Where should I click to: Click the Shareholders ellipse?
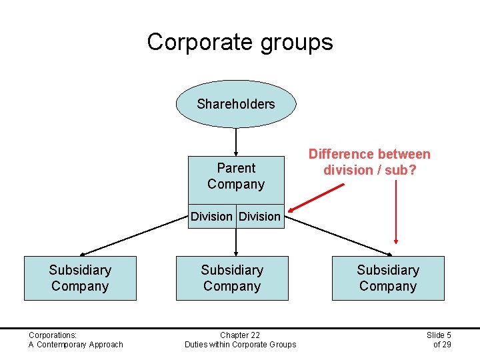coord(236,104)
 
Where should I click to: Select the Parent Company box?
coord(236,176)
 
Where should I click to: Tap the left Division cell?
coord(211,216)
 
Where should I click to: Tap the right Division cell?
coord(259,216)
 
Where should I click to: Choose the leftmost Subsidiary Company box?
coord(80,278)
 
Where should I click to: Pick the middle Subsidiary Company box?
coord(232,278)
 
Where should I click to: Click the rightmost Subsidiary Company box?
coord(388,278)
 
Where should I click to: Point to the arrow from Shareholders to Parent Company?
coord(236,141)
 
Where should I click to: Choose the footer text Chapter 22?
coord(240,335)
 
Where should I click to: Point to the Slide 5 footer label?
coord(439,335)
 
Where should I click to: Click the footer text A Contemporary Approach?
coord(75,344)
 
